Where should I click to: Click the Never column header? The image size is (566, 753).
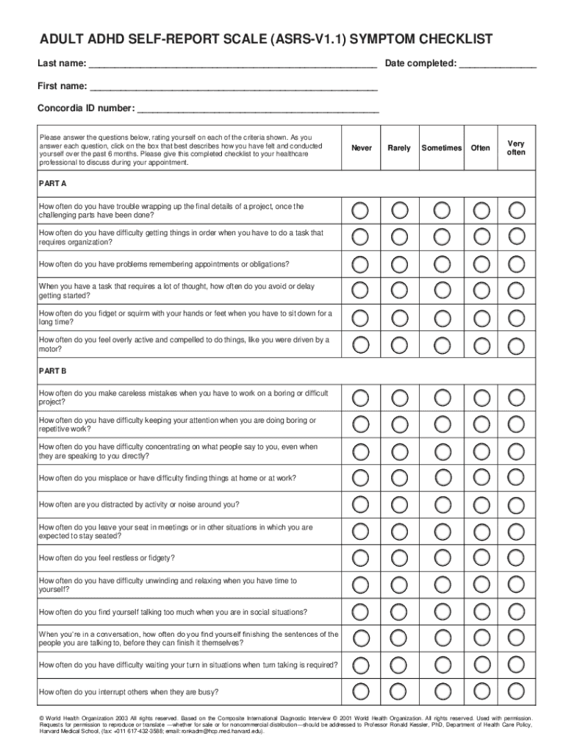point(361,148)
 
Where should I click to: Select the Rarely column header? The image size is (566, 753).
point(399,148)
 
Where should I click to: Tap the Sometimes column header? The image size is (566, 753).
point(441,148)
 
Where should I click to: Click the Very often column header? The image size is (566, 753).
point(516,148)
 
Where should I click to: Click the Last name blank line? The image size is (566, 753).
point(232,65)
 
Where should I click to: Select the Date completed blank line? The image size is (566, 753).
point(498,65)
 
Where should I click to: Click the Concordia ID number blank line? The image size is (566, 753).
point(258,110)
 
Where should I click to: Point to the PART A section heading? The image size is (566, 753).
point(53,182)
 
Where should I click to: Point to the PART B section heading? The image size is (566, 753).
point(53,371)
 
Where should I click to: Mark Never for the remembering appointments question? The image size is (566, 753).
point(360,263)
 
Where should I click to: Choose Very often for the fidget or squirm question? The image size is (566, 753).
point(517,317)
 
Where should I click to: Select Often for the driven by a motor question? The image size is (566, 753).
point(481,344)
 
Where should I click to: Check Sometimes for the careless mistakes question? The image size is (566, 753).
point(442,398)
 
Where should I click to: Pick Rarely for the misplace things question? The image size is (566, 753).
point(400,477)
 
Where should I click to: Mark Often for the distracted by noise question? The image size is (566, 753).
point(481,504)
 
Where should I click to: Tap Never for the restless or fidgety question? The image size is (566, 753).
point(360,557)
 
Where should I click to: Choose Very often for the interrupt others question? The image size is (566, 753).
point(517,690)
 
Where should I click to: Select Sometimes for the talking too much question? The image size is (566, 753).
point(442,611)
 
